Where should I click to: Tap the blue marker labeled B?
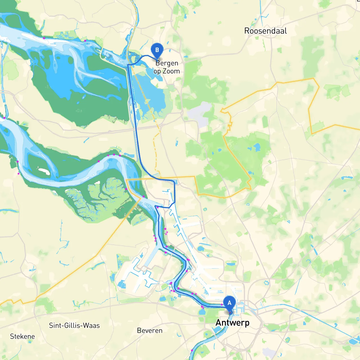click(x=157, y=50)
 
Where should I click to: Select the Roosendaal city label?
click(x=265, y=31)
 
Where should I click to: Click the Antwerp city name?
click(x=232, y=323)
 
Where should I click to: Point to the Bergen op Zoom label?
click(x=167, y=67)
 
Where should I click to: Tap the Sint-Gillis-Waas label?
click(x=74, y=325)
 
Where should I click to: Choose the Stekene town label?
click(x=22, y=336)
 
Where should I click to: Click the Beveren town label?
click(x=150, y=330)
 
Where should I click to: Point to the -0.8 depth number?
click(x=79, y=111)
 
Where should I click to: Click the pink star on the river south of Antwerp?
click(x=192, y=350)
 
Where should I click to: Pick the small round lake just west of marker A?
click(x=202, y=312)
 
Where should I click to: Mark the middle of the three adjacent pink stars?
click(x=114, y=155)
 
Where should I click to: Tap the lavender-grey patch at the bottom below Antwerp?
click(x=269, y=353)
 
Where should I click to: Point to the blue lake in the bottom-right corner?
click(x=353, y=341)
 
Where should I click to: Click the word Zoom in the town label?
click(x=171, y=71)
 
